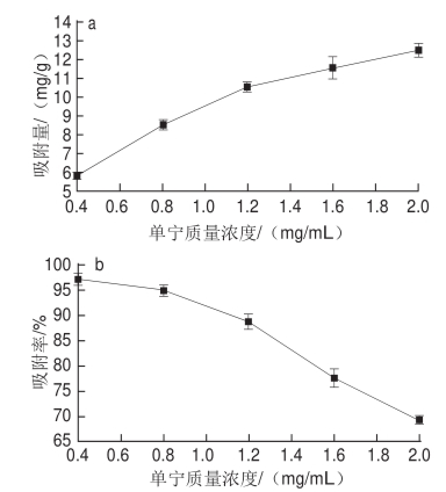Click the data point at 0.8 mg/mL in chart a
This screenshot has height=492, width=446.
163,124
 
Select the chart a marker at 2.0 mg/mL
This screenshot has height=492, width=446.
418,50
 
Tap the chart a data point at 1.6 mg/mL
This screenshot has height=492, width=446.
333,68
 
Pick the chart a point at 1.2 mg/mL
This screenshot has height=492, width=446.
247,87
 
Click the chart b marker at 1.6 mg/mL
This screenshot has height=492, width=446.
334,378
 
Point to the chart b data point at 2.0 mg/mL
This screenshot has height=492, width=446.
419,419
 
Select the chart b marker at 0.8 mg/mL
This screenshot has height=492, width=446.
164,290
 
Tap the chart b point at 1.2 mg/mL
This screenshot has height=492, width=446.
249,321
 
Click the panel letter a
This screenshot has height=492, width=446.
91,24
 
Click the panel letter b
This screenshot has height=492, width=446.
99,266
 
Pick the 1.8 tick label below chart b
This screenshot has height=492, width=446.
377,454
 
